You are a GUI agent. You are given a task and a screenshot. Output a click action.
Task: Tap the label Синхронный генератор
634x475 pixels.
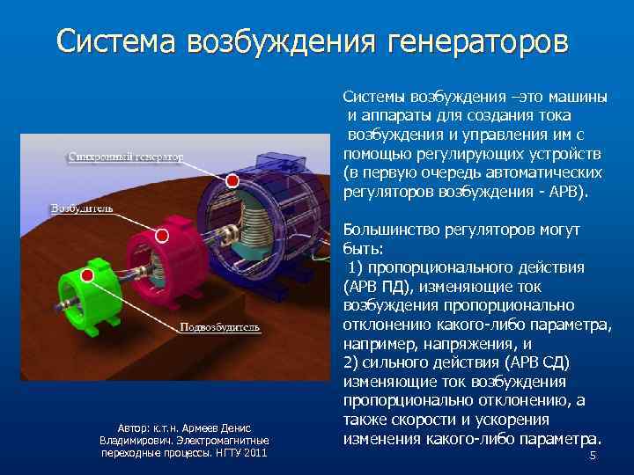(x=126, y=157)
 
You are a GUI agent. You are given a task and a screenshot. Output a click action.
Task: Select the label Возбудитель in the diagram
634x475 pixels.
(x=82, y=209)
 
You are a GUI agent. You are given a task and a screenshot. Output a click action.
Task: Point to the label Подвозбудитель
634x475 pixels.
(x=220, y=327)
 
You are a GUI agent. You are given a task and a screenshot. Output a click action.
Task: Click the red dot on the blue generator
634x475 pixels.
(x=232, y=180)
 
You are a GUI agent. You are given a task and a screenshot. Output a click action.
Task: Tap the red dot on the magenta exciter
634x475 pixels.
(x=162, y=236)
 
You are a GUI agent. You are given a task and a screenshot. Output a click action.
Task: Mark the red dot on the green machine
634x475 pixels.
(x=87, y=275)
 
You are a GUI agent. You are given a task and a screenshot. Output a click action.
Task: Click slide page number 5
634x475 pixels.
(x=593, y=456)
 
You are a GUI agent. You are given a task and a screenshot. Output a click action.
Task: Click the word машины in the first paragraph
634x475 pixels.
(x=579, y=96)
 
